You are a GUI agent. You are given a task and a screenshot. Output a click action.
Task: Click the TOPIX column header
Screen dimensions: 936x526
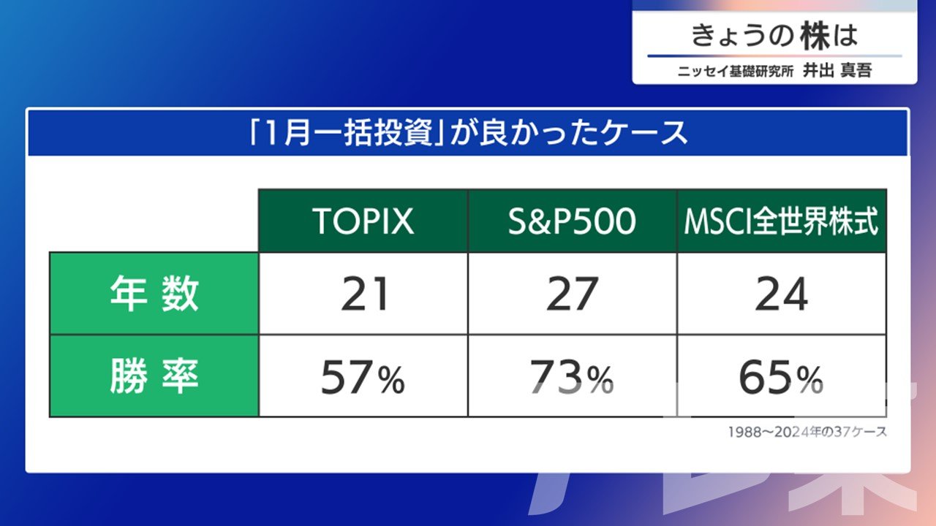(363, 221)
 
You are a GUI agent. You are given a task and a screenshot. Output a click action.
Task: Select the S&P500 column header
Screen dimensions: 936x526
(572, 221)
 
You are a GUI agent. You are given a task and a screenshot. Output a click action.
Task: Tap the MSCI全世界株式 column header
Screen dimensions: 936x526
(782, 221)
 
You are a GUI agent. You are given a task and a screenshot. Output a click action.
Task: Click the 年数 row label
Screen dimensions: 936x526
(154, 294)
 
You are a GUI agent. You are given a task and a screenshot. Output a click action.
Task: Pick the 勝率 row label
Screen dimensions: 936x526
(154, 376)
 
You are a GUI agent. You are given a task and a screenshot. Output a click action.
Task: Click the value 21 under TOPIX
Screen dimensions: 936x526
(365, 294)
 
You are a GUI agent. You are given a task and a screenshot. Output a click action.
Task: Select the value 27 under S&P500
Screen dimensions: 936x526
(572, 294)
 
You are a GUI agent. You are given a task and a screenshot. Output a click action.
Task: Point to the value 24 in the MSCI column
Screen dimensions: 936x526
(782, 294)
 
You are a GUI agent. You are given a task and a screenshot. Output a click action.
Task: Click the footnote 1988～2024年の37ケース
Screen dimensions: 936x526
(807, 432)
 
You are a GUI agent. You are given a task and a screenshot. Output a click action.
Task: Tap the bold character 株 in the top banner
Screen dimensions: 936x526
(815, 36)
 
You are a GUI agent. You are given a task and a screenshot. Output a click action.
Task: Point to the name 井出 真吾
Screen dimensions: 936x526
(837, 70)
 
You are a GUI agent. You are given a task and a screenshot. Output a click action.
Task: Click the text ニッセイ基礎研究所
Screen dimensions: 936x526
(736, 71)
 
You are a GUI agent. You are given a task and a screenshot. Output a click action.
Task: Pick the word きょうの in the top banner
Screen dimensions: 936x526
(742, 36)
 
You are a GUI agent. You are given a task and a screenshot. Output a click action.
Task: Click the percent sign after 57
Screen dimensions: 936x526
(391, 380)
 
